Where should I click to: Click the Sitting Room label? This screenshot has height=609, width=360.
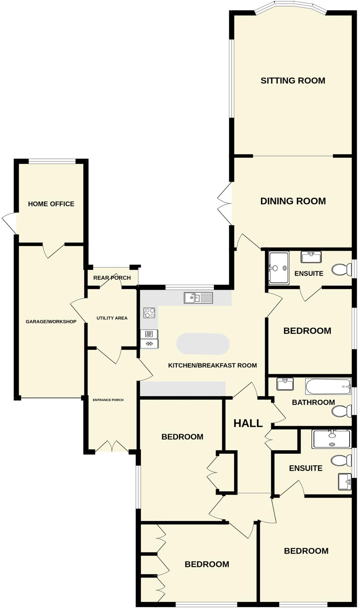tap(293, 81)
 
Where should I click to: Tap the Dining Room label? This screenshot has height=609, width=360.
tap(293, 201)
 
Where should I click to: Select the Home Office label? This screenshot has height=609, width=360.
tap(51, 204)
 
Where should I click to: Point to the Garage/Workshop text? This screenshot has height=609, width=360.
tap(51, 322)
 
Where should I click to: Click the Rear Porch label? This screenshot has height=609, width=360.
tap(112, 278)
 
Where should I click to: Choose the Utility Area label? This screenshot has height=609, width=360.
tap(112, 318)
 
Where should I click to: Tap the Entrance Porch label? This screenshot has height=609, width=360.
tap(108, 400)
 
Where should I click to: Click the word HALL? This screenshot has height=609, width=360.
tap(248, 423)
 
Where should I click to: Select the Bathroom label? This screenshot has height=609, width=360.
tap(313, 403)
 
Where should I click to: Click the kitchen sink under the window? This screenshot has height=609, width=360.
tap(198, 298)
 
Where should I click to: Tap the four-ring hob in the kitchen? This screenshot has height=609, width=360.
tap(149, 313)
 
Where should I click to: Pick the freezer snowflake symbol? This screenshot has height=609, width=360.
tap(149, 344)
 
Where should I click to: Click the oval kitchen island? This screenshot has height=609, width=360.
tap(203, 344)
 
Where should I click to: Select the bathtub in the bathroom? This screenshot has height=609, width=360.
tap(328, 386)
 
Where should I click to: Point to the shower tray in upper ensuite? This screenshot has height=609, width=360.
tap(279, 268)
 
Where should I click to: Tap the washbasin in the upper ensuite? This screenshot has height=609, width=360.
tap(311, 257)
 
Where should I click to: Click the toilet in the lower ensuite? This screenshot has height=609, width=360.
tap(341, 461)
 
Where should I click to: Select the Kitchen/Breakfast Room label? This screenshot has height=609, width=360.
tap(212, 366)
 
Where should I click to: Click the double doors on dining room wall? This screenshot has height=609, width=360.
tap(225, 203)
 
